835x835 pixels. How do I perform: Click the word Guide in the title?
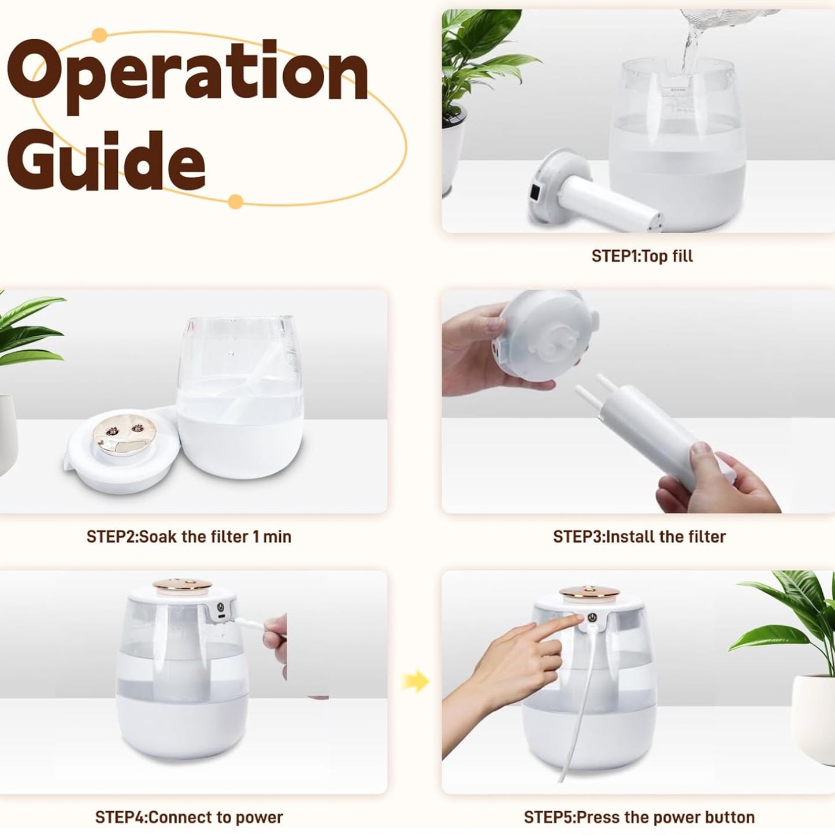click(x=106, y=160)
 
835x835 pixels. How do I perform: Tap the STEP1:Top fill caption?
click(x=642, y=256)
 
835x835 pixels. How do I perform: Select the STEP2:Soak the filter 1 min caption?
click(x=189, y=537)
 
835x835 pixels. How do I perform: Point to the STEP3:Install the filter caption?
click(x=639, y=537)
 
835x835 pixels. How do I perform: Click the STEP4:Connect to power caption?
click(x=189, y=817)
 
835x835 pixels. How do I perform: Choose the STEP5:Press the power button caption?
click(x=639, y=817)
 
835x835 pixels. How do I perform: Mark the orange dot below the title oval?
click(x=235, y=202)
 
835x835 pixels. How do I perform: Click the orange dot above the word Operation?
click(x=99, y=35)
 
